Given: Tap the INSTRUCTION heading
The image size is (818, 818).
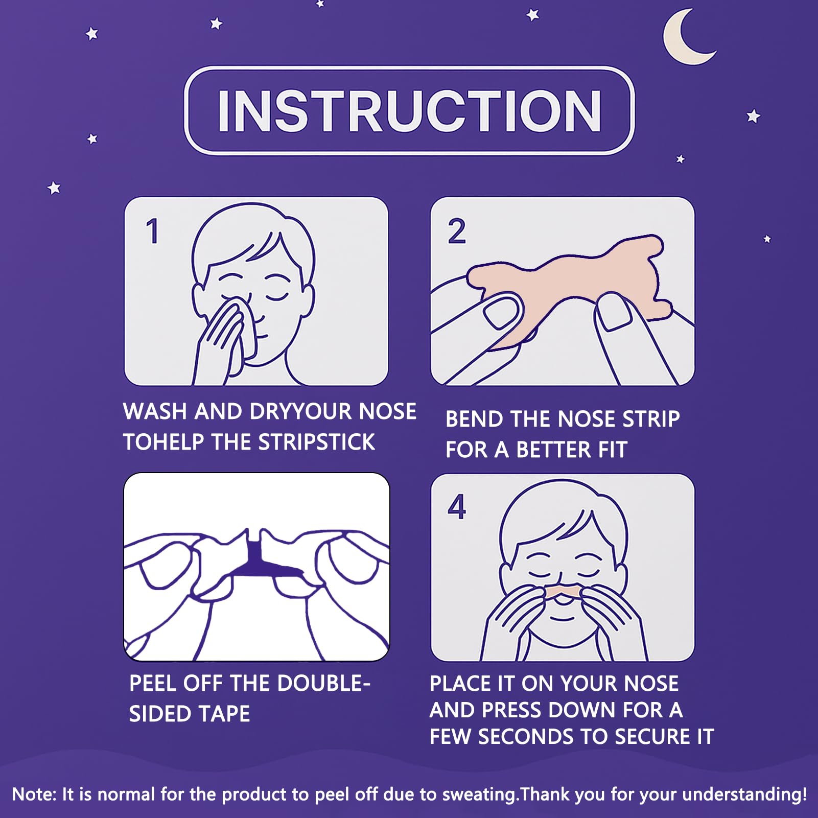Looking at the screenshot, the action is click(409, 111).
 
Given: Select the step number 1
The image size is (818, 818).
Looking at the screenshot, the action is click(152, 231).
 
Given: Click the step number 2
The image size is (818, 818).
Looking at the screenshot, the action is click(457, 231).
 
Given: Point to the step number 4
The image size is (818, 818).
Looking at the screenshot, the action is click(457, 507).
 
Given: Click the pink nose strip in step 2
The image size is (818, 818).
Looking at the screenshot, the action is click(562, 286).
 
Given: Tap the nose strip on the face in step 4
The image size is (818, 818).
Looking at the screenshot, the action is click(562, 592).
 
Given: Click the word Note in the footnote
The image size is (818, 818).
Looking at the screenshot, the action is click(33, 794).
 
